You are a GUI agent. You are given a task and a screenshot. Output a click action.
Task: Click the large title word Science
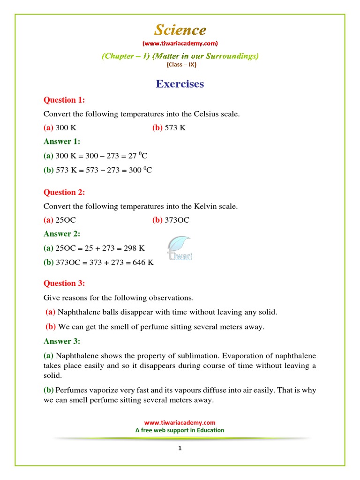(180, 30)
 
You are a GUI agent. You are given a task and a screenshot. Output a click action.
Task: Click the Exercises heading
(180, 84)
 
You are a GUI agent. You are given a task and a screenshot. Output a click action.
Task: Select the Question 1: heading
(64, 100)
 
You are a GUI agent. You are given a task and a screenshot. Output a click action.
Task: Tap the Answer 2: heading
(62, 233)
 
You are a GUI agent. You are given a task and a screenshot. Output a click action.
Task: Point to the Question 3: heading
(64, 283)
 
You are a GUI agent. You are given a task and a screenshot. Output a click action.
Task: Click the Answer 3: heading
(62, 341)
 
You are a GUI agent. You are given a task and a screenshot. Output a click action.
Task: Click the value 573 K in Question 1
(175, 127)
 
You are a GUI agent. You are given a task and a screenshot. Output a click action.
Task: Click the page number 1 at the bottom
(180, 448)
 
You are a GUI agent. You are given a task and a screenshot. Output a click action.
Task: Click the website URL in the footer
(180, 422)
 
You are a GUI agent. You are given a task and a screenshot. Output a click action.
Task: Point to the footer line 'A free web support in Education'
(180, 430)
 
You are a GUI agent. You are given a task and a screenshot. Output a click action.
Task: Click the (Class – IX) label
(180, 65)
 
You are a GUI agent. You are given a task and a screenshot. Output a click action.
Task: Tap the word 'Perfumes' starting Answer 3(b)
(70, 390)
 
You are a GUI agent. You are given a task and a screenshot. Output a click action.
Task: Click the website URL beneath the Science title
(180, 44)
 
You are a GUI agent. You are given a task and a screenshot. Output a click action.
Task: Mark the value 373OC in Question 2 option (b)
(177, 220)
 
